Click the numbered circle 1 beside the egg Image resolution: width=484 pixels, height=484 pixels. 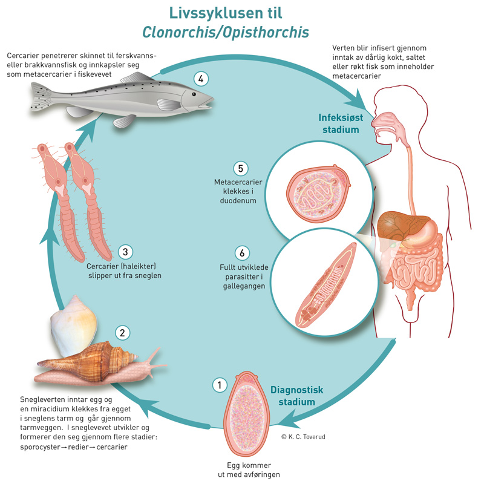218,384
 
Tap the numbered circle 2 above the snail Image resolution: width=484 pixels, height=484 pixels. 122,332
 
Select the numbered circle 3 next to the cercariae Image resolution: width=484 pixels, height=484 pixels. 125,251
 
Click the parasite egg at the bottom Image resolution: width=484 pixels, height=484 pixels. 247,411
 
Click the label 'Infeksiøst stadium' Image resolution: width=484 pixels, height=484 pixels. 339,123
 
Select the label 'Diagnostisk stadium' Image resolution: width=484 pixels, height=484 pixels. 293,396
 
